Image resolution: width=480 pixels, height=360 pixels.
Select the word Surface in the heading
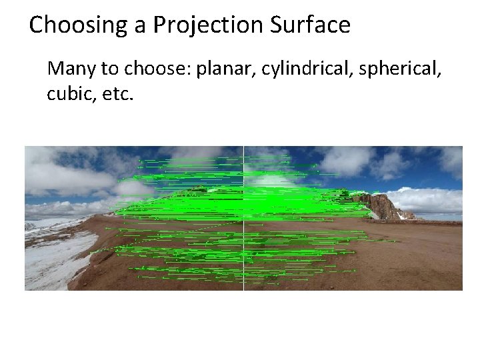pyautogui.click(x=310, y=25)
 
